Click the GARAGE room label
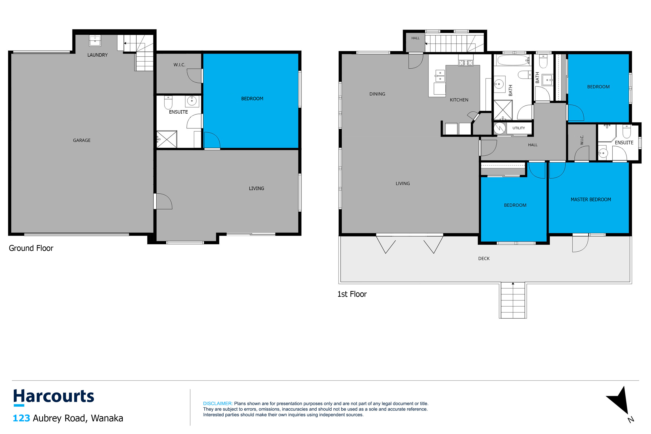tap(82, 140)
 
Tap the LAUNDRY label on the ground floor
tap(97, 55)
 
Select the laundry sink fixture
tap(95, 41)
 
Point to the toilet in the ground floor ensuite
tap(168, 102)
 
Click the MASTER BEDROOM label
tap(591, 200)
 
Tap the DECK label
tap(484, 258)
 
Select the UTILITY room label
tap(518, 128)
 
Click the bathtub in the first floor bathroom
tap(513, 60)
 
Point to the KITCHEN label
tap(459, 100)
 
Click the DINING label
tap(377, 94)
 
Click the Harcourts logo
tap(54, 397)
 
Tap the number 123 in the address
tap(21, 418)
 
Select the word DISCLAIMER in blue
tap(218, 404)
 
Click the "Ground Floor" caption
tap(31, 248)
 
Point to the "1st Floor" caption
tap(352, 294)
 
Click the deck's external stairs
tap(513, 300)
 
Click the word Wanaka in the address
tap(107, 418)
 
